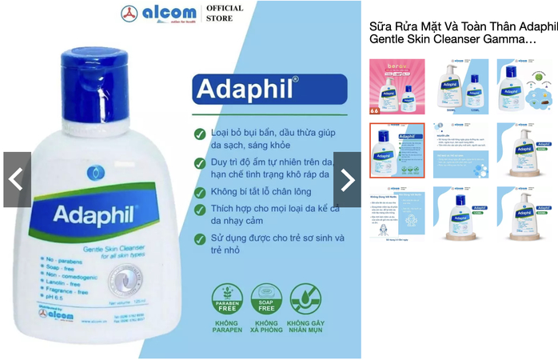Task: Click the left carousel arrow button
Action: (16, 180)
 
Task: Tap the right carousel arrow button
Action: (347, 180)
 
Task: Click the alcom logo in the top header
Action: (157, 14)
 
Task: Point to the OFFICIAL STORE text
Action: (225, 14)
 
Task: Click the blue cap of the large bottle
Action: (94, 75)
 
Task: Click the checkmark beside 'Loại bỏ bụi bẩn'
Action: (200, 134)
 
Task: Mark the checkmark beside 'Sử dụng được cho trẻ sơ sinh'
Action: (200, 238)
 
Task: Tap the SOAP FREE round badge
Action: (266, 298)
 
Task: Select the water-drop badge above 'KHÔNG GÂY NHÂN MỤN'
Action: (305, 298)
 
